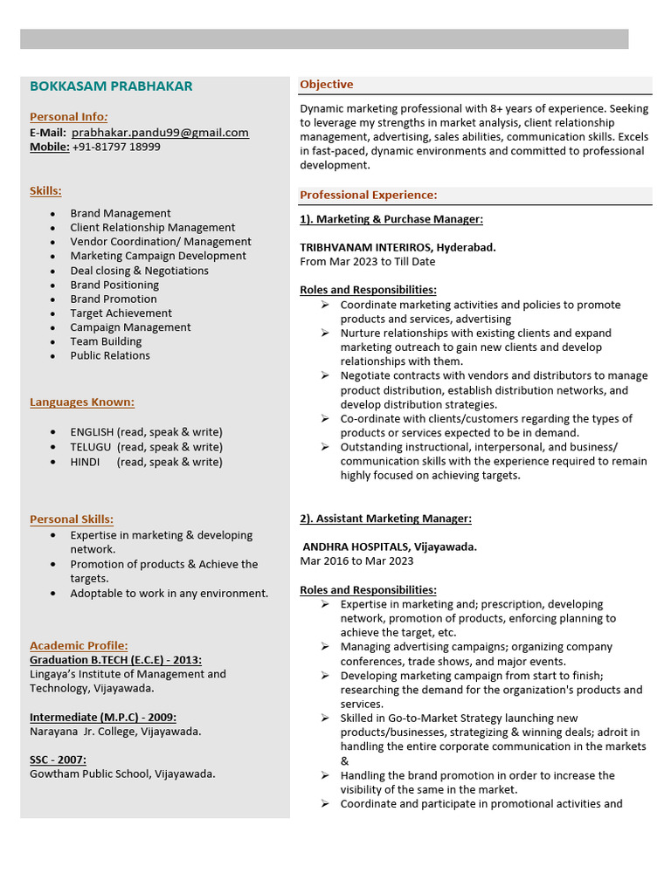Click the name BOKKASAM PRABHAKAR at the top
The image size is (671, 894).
point(111,86)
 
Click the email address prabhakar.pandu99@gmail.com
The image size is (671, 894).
point(160,133)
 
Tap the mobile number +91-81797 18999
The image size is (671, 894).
point(116,147)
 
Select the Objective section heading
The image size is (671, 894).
point(327,85)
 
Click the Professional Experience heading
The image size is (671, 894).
point(368,195)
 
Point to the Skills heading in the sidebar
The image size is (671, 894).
point(45,190)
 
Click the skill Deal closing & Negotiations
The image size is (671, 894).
point(139,271)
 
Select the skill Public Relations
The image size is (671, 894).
point(110,355)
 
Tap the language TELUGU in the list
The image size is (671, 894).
point(91,447)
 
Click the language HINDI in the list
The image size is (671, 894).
point(85,462)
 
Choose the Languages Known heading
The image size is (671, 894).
point(82,402)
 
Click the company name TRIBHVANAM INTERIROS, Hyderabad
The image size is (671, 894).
point(398,247)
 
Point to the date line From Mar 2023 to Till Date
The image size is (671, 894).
point(367,261)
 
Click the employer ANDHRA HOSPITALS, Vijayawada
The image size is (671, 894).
point(390,547)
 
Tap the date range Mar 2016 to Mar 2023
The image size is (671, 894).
point(356,560)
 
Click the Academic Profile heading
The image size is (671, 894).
point(79,645)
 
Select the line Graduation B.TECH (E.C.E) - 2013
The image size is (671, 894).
point(115,660)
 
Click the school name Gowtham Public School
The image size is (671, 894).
point(90,774)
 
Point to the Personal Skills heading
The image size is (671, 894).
point(72,519)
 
